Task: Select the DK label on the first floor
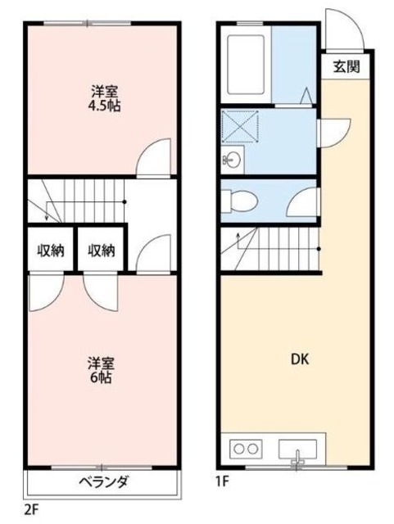coord(300,359)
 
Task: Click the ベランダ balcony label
coord(102,481)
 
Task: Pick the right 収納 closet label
coord(102,250)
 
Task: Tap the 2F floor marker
coord(31,508)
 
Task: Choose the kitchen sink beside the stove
coord(298,449)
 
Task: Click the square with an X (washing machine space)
coord(240,128)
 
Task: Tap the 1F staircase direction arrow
coord(238,240)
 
